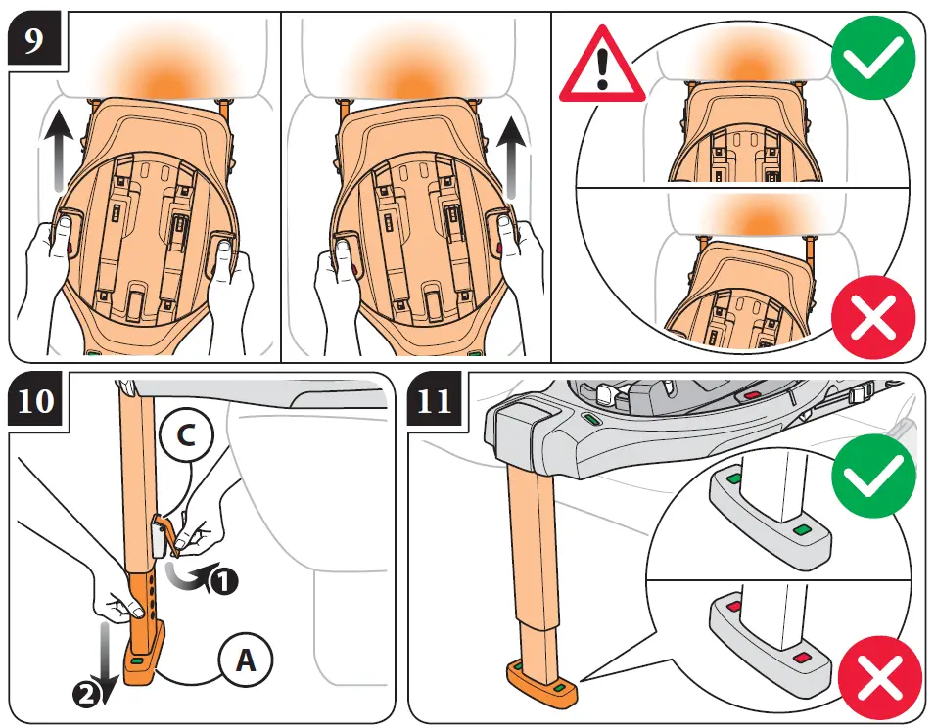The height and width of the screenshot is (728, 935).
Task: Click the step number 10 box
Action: [36, 402]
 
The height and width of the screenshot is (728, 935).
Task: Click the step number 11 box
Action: [434, 402]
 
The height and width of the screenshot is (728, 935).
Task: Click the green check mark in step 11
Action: [873, 480]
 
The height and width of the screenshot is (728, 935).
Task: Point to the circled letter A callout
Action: [246, 662]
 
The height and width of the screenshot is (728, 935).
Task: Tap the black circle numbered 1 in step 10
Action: [224, 581]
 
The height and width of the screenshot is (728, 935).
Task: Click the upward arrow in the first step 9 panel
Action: [58, 148]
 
